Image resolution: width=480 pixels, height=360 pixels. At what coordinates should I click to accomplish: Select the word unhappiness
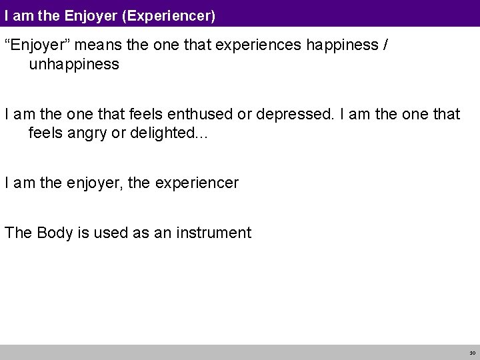pyautogui.click(x=74, y=65)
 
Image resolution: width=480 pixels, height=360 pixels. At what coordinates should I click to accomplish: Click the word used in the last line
pyautogui.click(x=110, y=233)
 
